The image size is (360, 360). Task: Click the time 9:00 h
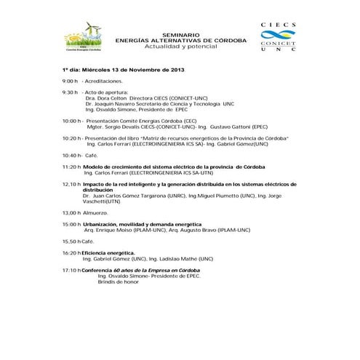(69, 82)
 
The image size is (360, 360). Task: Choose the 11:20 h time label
(71, 167)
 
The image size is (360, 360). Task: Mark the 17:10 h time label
(71, 270)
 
